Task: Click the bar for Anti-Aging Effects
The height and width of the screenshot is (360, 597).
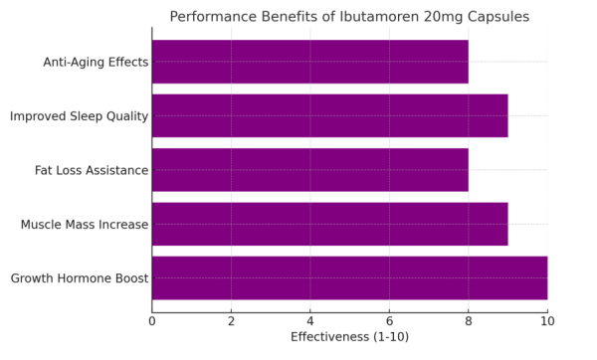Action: (309, 62)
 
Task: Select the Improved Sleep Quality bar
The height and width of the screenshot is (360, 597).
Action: (329, 115)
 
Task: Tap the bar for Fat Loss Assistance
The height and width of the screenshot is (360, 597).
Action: (309, 170)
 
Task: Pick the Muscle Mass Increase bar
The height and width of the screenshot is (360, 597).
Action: (329, 224)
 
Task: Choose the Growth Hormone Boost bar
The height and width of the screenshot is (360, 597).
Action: (349, 277)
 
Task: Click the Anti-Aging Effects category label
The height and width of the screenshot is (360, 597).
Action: (96, 63)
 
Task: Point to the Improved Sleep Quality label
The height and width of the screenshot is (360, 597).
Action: (79, 116)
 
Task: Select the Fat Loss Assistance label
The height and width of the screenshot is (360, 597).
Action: (92, 170)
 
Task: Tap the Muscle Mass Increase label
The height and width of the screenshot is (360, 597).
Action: (85, 225)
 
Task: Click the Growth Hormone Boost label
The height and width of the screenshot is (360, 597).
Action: (80, 278)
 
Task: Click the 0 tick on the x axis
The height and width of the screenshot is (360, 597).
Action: (152, 320)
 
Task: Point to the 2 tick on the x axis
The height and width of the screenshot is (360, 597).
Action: (231, 320)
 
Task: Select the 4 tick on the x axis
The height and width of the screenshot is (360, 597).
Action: (310, 320)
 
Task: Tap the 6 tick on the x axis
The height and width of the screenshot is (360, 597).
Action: (389, 320)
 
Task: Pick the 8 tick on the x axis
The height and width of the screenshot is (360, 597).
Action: (469, 320)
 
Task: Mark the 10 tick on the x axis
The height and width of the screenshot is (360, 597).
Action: (547, 320)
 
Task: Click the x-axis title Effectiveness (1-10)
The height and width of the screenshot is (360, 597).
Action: (349, 337)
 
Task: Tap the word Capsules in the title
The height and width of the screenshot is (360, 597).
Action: (494, 17)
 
